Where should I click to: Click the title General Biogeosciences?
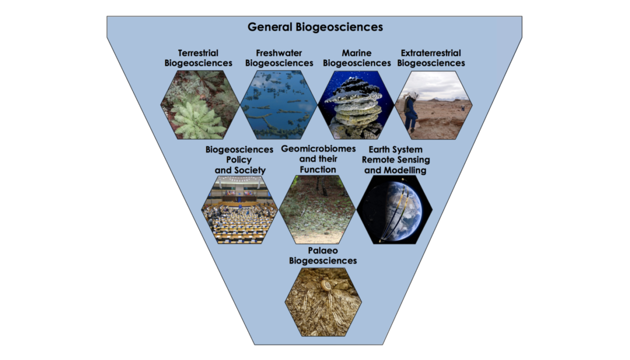tap(315, 27)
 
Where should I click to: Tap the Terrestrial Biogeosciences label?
tap(198, 58)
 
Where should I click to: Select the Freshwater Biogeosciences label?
tap(279, 58)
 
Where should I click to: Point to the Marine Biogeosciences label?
tap(357, 58)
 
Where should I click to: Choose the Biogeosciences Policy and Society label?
tap(239, 160)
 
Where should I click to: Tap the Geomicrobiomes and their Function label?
tap(318, 159)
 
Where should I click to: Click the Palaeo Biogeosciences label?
tap(323, 255)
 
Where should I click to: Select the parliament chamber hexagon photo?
tap(239, 210)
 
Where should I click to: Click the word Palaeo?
tap(323, 250)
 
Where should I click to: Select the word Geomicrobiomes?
tap(318, 149)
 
